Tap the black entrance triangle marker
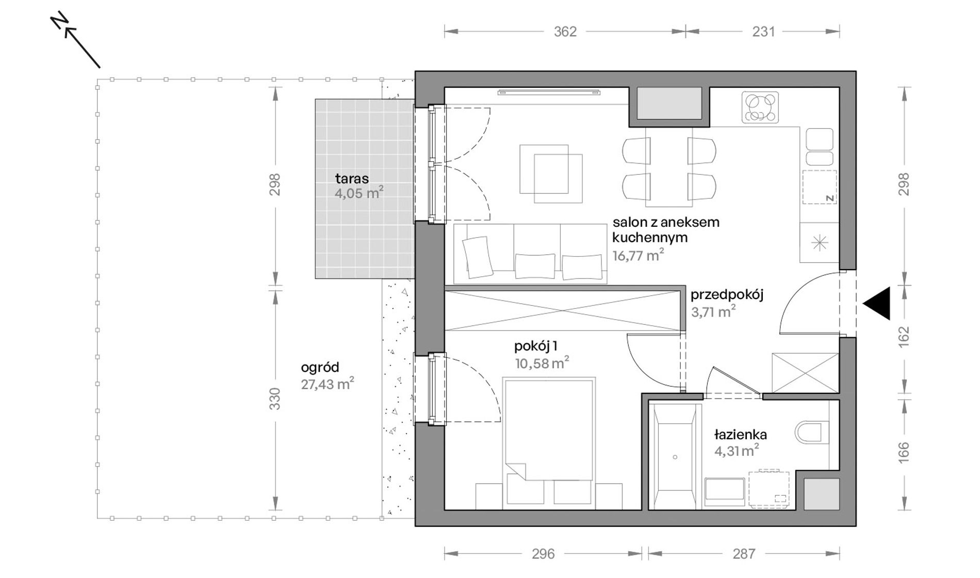tap(877, 303)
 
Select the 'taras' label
tap(352, 179)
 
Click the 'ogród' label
tap(320, 368)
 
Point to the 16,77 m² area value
tap(638, 255)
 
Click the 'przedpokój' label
tap(727, 295)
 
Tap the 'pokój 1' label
tap(535, 346)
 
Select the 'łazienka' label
tap(741, 435)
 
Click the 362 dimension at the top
tap(565, 32)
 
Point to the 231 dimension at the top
tap(763, 32)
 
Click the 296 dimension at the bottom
tap(543, 554)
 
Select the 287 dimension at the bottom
tap(744, 554)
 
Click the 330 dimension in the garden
tap(275, 399)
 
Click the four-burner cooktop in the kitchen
tap(760, 108)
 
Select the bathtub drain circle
tap(675, 457)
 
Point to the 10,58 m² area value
tap(542, 363)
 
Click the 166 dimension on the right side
tap(904, 452)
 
